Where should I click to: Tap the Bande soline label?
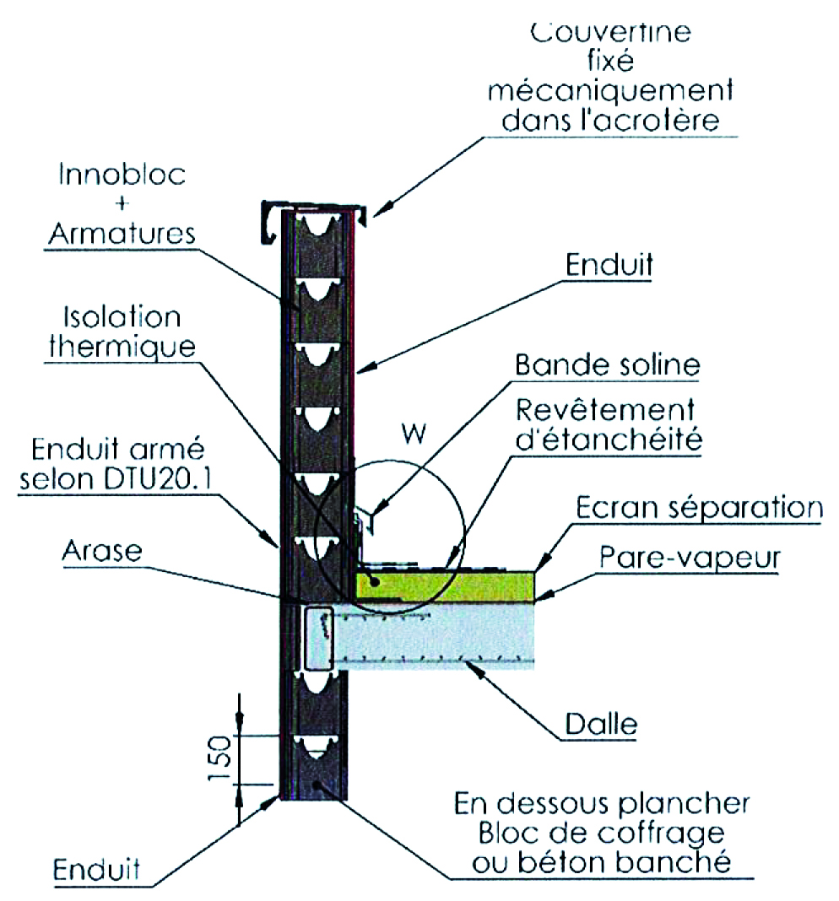pyautogui.click(x=607, y=367)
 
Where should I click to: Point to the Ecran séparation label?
pyautogui.click(x=699, y=509)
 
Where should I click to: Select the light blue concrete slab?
pyautogui.click(x=439, y=636)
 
